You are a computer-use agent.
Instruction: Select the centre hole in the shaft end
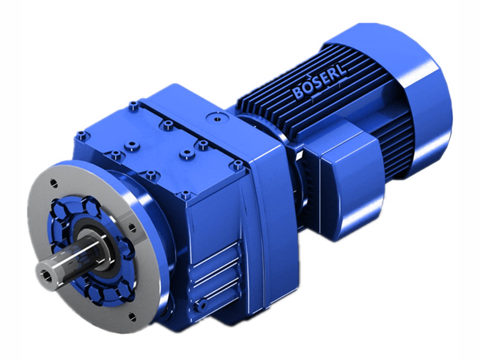click(x=45, y=274)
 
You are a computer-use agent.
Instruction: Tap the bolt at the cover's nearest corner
click(x=185, y=194)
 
